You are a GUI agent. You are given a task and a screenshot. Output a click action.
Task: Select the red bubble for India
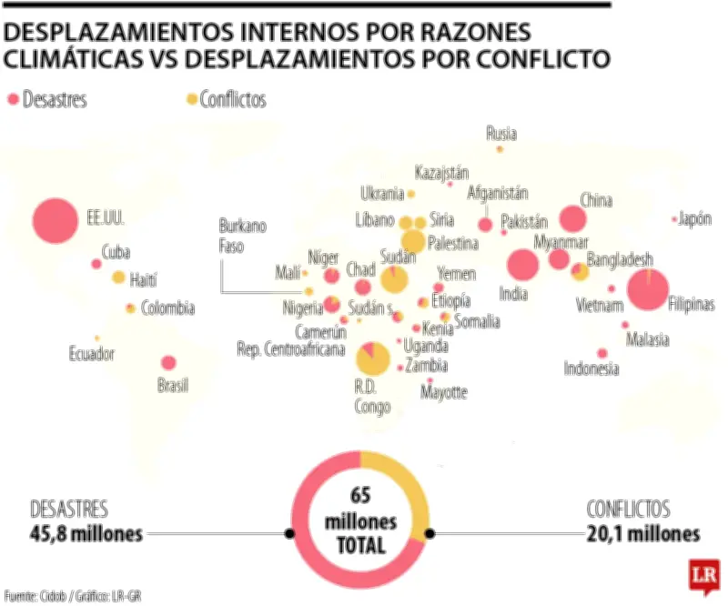[x=522, y=265]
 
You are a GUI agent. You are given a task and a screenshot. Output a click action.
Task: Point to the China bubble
[x=572, y=218]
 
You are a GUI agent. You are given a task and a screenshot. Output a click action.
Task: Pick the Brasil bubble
[x=167, y=362]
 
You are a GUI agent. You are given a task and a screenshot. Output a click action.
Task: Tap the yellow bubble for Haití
[x=118, y=278]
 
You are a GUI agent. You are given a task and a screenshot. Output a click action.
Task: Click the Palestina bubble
[x=413, y=241]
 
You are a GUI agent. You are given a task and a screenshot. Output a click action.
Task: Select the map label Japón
[x=694, y=218]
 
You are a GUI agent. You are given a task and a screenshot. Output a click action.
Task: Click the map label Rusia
[x=500, y=134]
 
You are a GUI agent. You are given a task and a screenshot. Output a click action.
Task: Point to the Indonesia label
[x=591, y=369]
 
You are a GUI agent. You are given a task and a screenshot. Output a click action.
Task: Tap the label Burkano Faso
[x=242, y=236]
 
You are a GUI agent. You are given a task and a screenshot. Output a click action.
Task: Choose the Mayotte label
[x=443, y=392]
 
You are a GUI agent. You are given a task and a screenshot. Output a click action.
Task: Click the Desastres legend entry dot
[x=13, y=99]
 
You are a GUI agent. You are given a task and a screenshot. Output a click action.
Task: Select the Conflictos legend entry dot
[x=190, y=99]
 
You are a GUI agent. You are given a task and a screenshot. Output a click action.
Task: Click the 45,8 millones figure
[x=86, y=533]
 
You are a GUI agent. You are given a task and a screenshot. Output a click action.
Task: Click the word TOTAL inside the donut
[x=359, y=547]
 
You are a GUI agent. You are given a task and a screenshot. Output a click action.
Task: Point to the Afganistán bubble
[x=485, y=225]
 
